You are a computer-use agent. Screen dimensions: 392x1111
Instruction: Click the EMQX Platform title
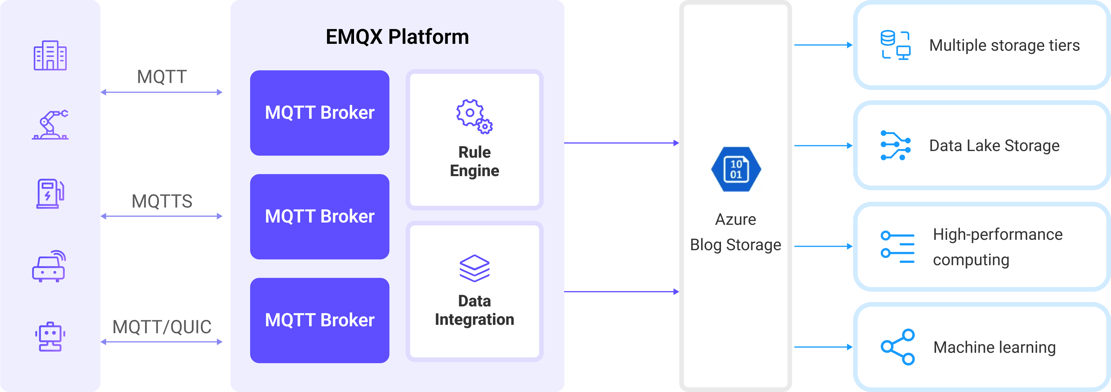coord(397,37)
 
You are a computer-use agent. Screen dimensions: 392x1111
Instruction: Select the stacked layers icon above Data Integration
coord(474,268)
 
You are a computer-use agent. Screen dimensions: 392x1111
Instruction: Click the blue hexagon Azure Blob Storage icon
coord(736,169)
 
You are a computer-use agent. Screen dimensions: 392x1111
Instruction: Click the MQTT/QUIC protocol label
coord(162,327)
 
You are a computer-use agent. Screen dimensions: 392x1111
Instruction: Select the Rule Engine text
coord(474,161)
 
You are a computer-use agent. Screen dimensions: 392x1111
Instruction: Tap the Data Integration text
coord(474,310)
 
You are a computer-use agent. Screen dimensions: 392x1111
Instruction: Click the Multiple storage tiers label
coord(1004,45)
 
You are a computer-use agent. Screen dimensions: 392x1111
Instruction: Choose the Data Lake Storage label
coord(994,146)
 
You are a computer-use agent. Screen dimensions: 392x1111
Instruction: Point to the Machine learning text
coord(994,347)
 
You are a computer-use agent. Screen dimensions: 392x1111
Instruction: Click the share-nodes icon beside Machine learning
coord(897,347)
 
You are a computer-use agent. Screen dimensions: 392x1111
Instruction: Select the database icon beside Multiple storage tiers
coord(895,45)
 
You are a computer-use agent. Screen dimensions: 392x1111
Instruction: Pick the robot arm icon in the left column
coord(50,125)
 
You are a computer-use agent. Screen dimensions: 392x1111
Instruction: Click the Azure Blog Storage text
coord(735,232)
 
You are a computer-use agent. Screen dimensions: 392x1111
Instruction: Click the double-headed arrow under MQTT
coord(162,92)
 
